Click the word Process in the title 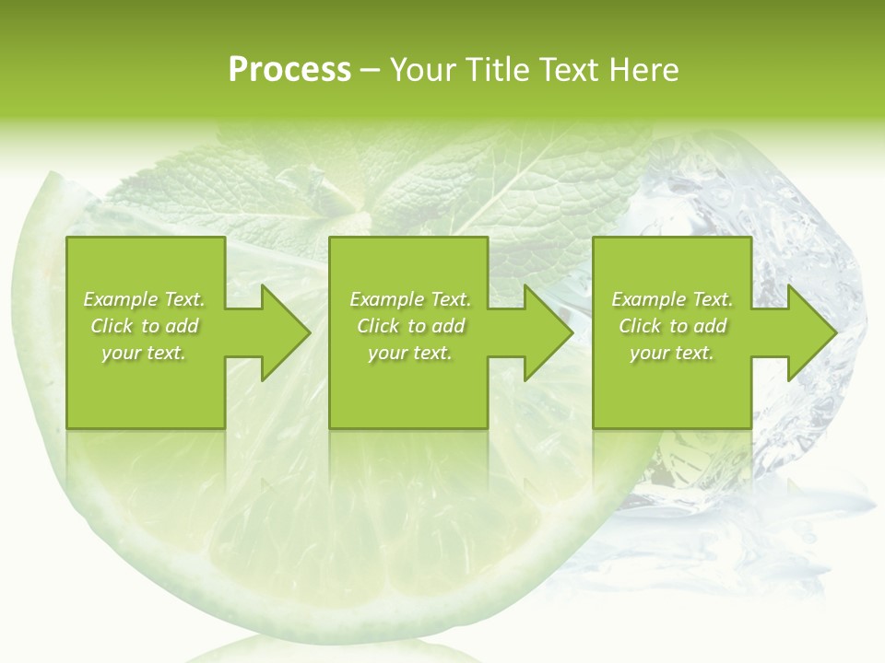[289, 70]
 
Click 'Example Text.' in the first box [144, 299]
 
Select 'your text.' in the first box [144, 353]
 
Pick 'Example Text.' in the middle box [410, 299]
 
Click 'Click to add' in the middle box [410, 326]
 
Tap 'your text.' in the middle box [410, 353]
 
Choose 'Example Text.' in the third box [672, 299]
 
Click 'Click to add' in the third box [672, 326]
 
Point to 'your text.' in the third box [672, 353]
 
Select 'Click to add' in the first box [144, 326]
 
